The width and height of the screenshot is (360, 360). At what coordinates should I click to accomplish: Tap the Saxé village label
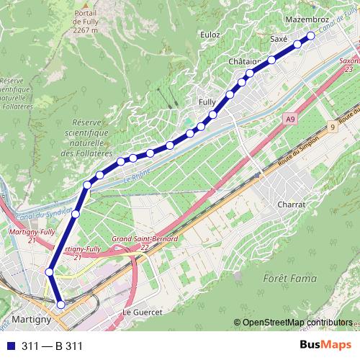click(x=279, y=38)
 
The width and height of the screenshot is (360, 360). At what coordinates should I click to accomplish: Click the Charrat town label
click(x=292, y=204)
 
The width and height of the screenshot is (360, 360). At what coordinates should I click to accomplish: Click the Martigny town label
click(x=31, y=318)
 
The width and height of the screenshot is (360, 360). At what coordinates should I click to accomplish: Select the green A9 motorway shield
click(x=289, y=118)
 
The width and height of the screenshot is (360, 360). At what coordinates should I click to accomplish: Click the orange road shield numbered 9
click(x=333, y=127)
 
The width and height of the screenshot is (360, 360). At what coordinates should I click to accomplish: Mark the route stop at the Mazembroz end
click(x=310, y=35)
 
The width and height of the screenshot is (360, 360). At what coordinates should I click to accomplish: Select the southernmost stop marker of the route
click(x=60, y=305)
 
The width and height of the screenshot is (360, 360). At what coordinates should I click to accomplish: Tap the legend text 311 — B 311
click(x=53, y=346)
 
